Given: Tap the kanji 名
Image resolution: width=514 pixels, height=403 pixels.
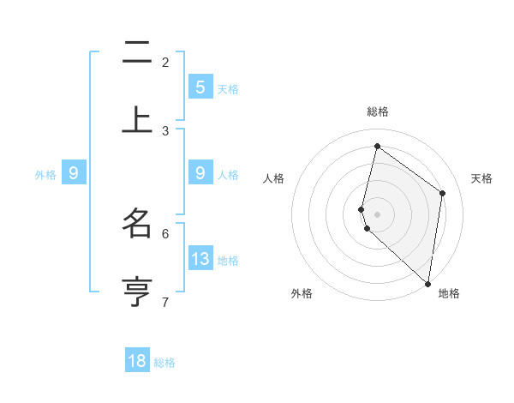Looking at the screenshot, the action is (x=137, y=223).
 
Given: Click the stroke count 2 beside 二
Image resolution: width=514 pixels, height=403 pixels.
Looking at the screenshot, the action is (x=165, y=63).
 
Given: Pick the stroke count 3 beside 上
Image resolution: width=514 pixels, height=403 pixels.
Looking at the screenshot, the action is (x=165, y=130).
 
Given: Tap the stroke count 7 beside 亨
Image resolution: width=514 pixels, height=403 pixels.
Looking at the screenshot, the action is (x=165, y=302).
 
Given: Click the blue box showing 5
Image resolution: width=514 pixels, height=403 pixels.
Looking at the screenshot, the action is (x=200, y=87).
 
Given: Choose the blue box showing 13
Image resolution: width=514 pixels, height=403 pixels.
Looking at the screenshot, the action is (x=200, y=258).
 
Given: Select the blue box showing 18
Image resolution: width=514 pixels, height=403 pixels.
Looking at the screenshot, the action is (x=137, y=361).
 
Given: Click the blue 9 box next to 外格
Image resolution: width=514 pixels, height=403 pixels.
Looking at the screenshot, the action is (x=74, y=172).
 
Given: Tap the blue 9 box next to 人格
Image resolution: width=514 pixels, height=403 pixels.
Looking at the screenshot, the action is (x=200, y=172).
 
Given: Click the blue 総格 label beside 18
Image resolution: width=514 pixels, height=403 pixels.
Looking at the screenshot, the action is (x=164, y=363).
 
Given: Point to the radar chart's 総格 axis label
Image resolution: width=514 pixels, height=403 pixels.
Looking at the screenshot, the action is (x=377, y=111).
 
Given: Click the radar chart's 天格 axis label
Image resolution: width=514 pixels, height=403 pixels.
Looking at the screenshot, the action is (x=481, y=178).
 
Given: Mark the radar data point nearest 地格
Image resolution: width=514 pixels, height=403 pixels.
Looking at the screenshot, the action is (x=427, y=282).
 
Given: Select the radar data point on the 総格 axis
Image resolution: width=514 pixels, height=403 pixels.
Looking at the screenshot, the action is (x=377, y=146).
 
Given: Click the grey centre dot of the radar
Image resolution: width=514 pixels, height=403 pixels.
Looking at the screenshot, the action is (x=377, y=213).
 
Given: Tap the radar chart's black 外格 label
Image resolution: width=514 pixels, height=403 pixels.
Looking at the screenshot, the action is (x=301, y=293).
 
